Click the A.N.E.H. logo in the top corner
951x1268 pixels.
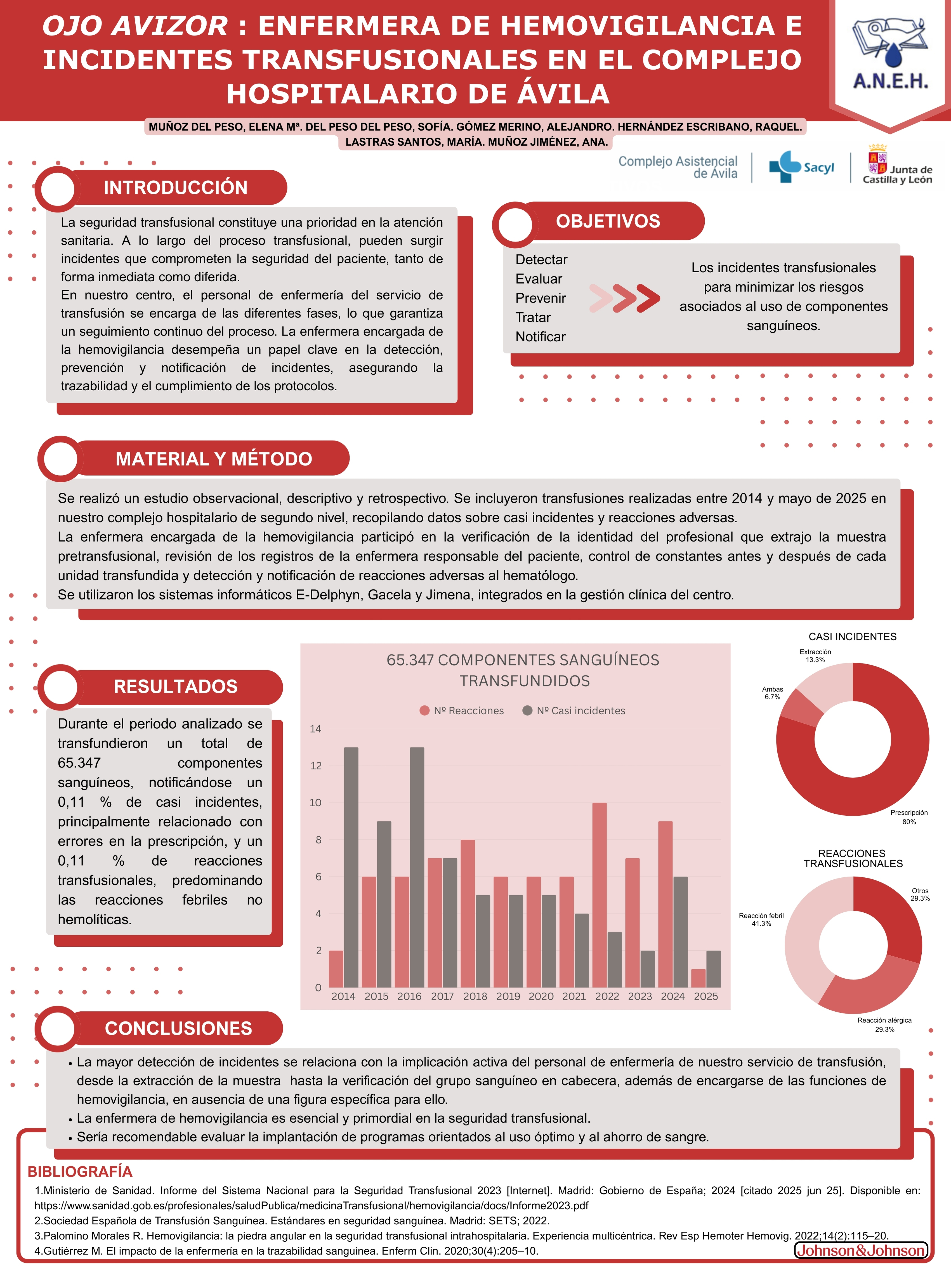(890, 55)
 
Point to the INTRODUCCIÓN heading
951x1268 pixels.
(175, 187)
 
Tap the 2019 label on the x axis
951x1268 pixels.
(508, 996)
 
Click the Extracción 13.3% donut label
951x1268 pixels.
(815, 656)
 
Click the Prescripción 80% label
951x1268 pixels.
(908, 817)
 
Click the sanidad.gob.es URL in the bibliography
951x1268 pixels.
(311, 1206)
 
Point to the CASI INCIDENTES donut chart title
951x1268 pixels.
(852, 637)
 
